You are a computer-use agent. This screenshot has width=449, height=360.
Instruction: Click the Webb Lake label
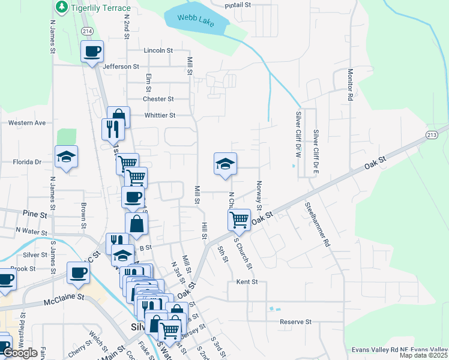[196, 19]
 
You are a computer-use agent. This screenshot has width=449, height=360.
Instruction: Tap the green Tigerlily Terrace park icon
[61, 7]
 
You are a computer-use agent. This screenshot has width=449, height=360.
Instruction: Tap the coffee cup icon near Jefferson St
[92, 52]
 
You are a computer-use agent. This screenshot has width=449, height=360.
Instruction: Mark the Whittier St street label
[160, 115]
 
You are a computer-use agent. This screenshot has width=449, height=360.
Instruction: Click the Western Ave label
[26, 123]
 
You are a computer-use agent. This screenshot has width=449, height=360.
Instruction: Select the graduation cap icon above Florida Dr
[67, 157]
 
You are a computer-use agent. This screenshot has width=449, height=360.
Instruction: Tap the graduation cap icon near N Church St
[225, 164]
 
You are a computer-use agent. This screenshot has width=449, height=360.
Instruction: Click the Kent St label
[247, 281]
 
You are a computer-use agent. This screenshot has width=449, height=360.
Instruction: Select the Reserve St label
[295, 322]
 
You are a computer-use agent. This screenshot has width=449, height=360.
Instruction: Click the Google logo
[20, 353]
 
